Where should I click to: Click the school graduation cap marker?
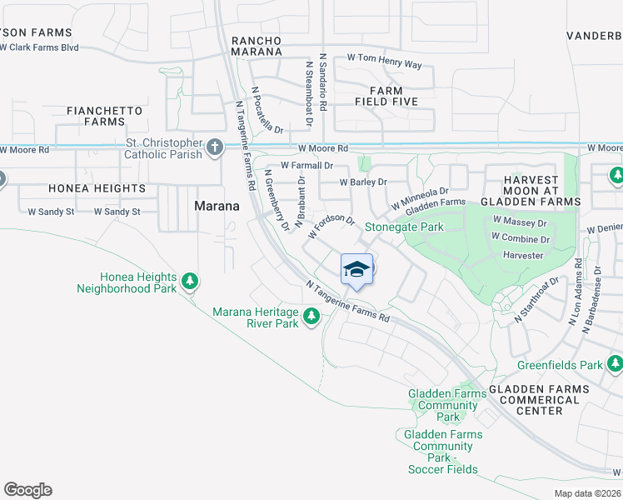pyautogui.click(x=356, y=268)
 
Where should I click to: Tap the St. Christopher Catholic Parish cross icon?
pyautogui.click(x=215, y=148)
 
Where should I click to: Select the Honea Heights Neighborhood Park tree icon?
pyautogui.click(x=190, y=282)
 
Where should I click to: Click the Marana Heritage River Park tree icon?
pyautogui.click(x=311, y=315)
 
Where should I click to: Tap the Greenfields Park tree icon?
pyautogui.click(x=615, y=364)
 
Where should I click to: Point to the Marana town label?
pyautogui.click(x=217, y=206)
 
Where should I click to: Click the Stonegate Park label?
pyautogui.click(x=404, y=227)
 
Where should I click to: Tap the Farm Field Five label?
pyautogui.click(x=385, y=96)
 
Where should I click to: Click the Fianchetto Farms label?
pyautogui.click(x=104, y=116)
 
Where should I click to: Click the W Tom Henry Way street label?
pyautogui.click(x=384, y=65)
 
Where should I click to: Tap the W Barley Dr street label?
pyautogui.click(x=363, y=182)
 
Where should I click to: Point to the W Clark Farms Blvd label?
pyautogui.click(x=39, y=47)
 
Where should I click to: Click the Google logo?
pyautogui.click(x=27, y=490)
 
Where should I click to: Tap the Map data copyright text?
pyautogui.click(x=587, y=493)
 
